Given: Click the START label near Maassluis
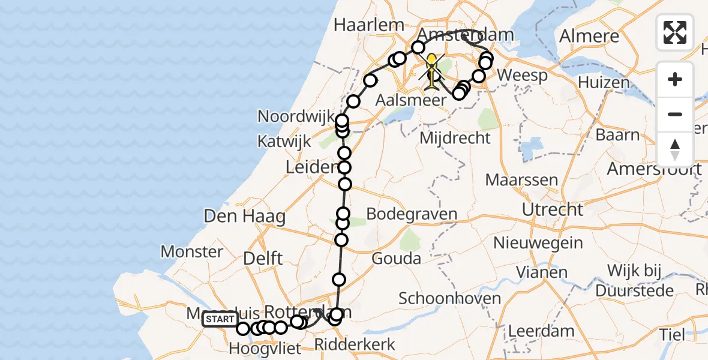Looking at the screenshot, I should point(220,319).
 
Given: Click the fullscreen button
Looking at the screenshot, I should point(675,32).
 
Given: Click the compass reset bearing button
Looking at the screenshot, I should point(675,149).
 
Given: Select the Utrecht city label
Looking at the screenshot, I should point(552,210).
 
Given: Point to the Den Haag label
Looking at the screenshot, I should point(244,217).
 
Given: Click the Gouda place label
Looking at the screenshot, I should point(396,259).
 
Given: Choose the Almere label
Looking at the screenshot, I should point(589,36).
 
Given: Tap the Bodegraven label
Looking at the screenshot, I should point(411,214).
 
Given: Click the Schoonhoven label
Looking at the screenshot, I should point(441,298).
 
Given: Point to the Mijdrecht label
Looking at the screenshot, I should point(455,138).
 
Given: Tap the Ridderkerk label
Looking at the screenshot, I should point(355,345).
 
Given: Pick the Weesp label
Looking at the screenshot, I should point(523,76).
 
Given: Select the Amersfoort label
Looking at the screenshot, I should point(654,169).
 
